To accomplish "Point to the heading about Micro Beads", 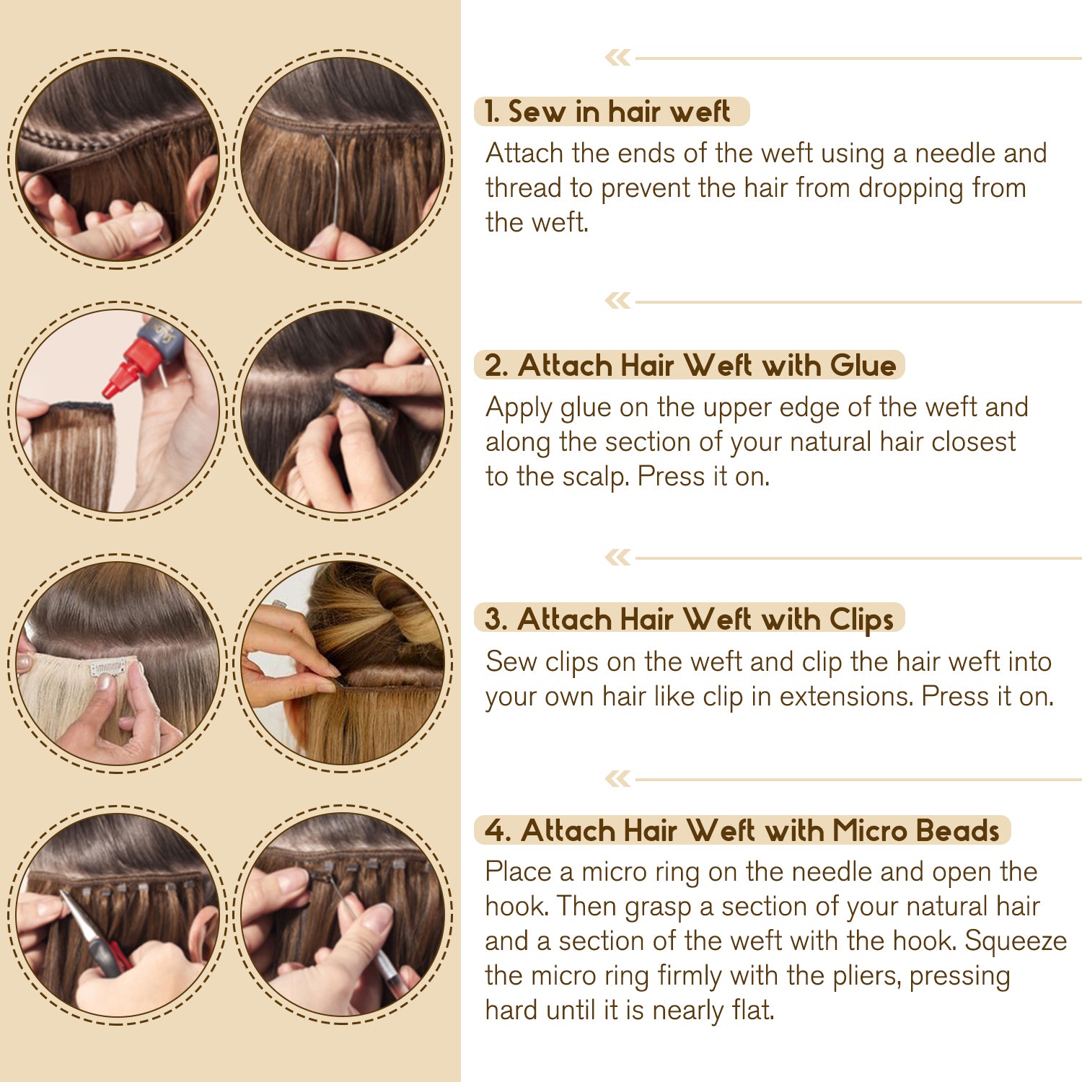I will point(742,830).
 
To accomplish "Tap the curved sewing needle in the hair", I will point(334,180).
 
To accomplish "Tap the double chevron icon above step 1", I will point(617,57).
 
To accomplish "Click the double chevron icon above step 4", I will point(617,778).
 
